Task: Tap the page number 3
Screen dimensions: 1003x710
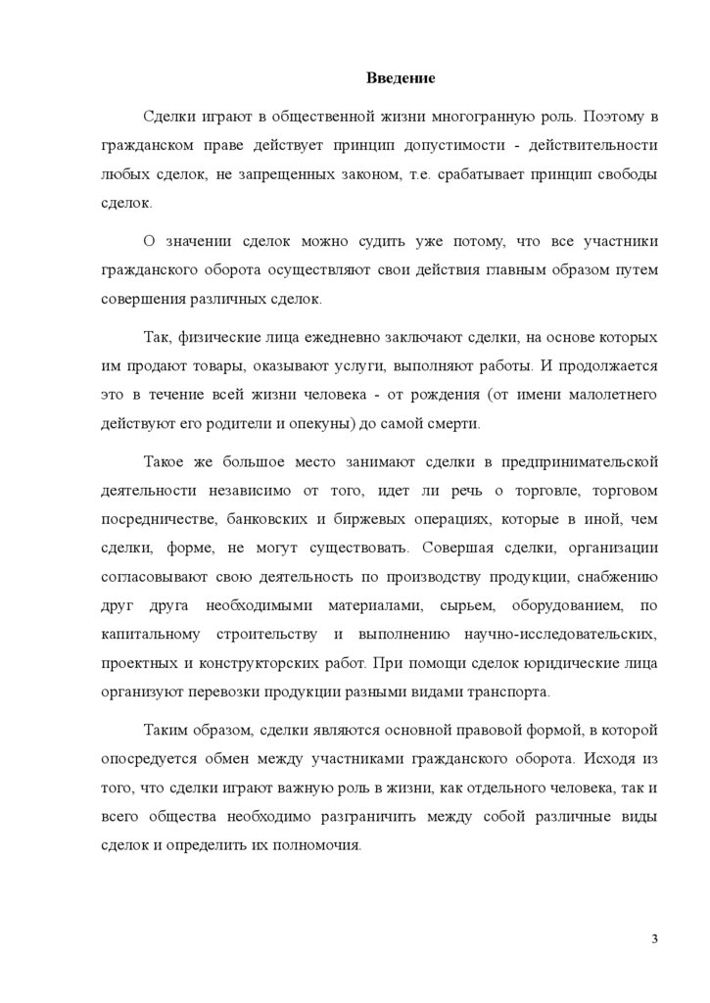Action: pyautogui.click(x=654, y=940)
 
